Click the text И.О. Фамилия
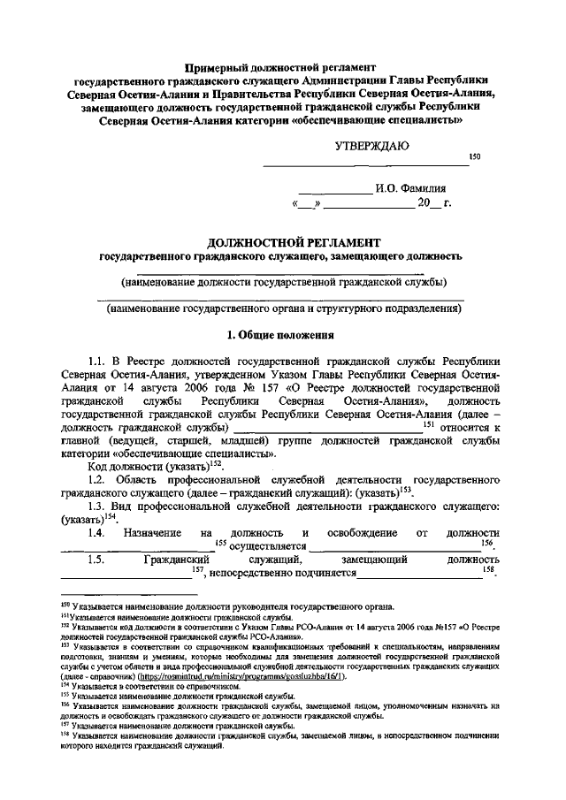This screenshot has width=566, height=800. [x=411, y=188]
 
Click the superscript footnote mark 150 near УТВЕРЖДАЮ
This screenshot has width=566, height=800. [x=473, y=156]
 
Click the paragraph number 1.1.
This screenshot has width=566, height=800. [x=97, y=361]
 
